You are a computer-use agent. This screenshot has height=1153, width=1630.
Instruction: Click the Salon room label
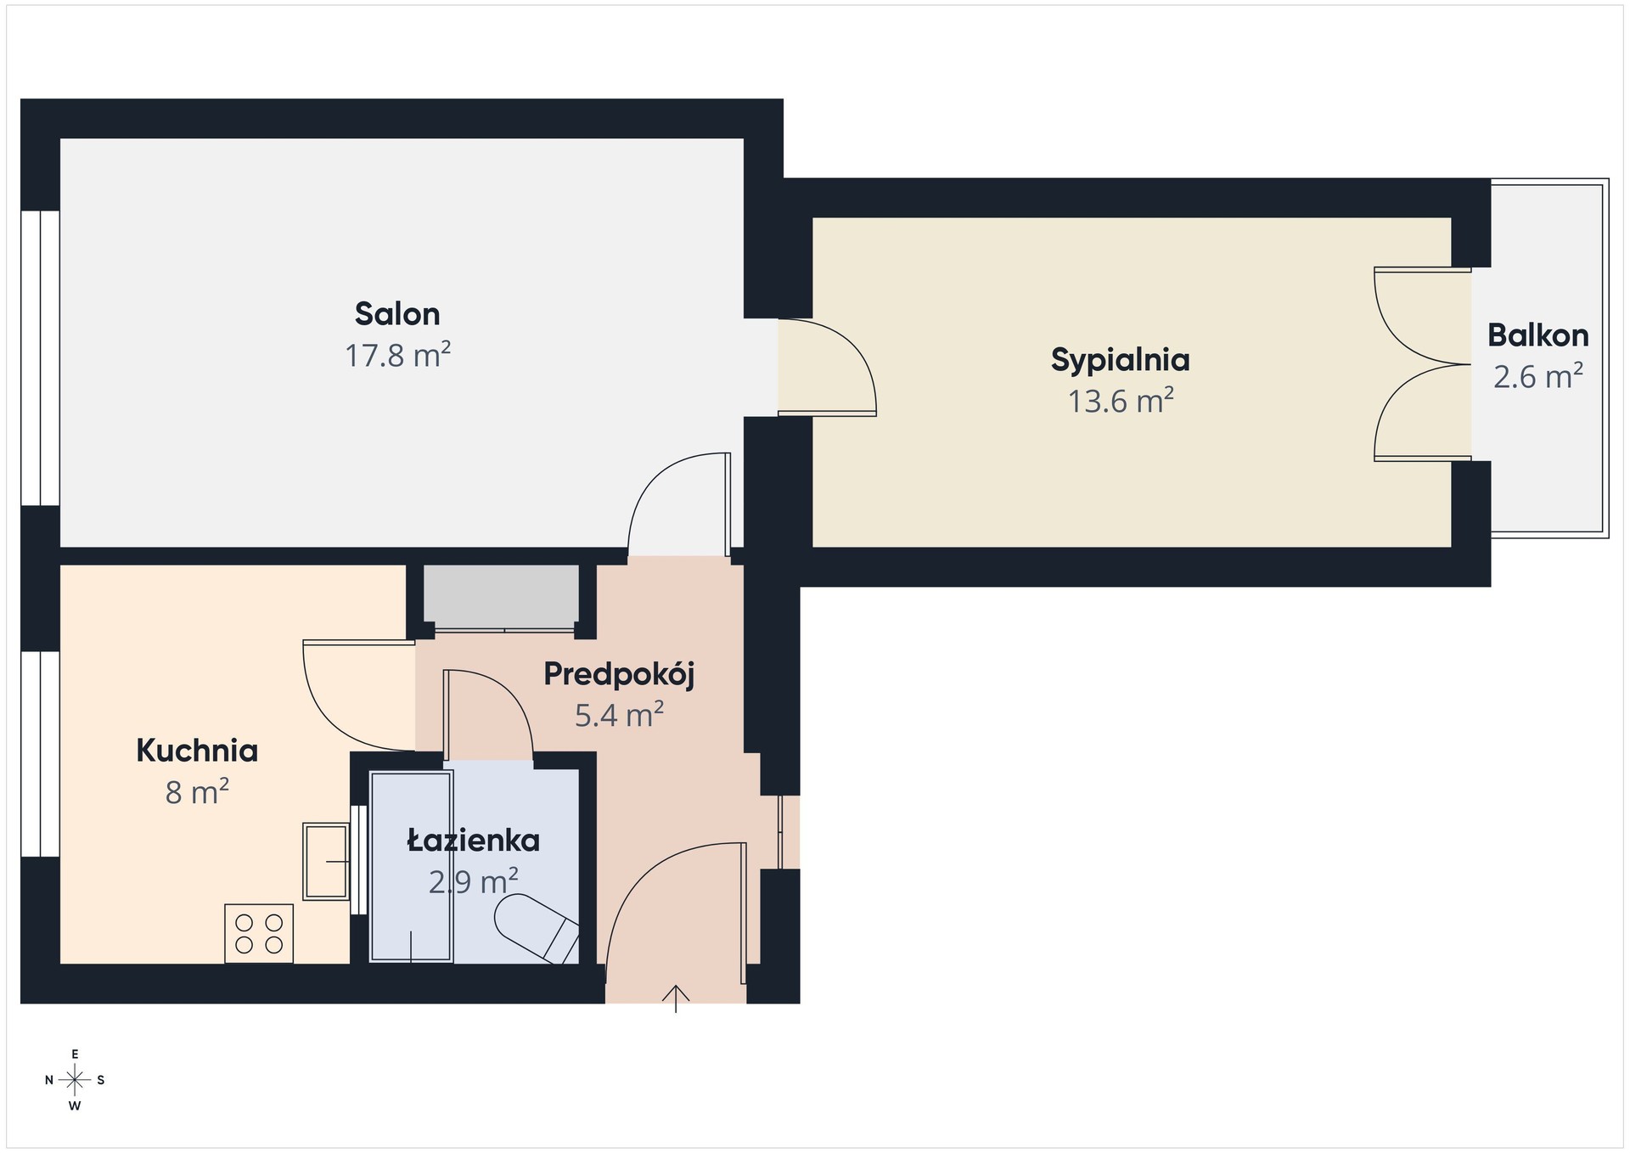pos(397,314)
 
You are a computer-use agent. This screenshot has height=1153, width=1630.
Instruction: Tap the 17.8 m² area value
pos(397,355)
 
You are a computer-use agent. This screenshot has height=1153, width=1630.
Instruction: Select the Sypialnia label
pos(1120,361)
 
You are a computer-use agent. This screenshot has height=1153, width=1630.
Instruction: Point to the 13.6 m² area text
pos(1121,401)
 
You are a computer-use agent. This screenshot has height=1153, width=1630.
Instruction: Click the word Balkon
pos(1537,335)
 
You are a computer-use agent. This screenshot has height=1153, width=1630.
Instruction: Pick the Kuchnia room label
pos(197,751)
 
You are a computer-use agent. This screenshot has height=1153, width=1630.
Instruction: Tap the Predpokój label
pos(619,675)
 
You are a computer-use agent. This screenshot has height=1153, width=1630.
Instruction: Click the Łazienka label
pos(473,841)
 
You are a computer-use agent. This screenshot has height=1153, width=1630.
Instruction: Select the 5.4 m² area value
pos(619,715)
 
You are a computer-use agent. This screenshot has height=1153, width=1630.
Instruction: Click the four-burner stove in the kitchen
pos(259,934)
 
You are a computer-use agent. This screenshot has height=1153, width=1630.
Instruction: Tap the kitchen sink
pos(326,861)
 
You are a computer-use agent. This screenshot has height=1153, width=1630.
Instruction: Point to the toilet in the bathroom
pos(537,928)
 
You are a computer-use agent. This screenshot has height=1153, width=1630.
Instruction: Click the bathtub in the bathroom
pos(411,866)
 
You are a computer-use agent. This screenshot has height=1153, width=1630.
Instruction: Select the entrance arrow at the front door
pos(676,998)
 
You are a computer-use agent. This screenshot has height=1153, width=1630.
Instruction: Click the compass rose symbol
pos(75,1080)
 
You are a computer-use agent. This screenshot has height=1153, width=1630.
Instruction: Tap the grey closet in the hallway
pos(501,596)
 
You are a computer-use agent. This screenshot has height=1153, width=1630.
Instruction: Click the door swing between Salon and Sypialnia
pos(828,367)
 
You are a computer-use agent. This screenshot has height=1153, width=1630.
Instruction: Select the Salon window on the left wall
pos(40,357)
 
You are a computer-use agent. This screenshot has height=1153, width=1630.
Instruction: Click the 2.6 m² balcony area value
pos(1538,376)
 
